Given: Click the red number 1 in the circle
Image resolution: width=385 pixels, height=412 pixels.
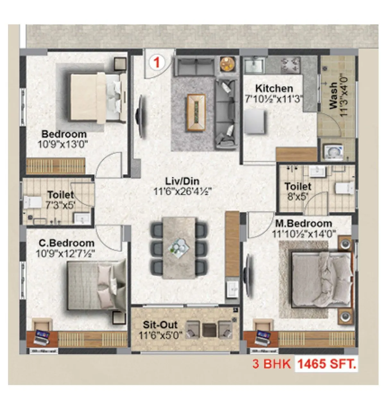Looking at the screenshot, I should [x=157, y=62].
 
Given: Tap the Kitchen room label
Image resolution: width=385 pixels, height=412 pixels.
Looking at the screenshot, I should [x=274, y=88].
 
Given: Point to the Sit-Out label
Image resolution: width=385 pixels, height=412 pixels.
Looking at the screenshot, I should [x=160, y=325].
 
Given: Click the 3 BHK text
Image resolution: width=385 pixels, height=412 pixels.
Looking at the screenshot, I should [x=272, y=365].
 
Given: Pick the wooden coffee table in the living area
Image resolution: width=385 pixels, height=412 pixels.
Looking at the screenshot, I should [x=196, y=112].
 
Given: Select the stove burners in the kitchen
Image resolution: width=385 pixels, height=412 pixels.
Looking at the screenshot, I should [x=291, y=66].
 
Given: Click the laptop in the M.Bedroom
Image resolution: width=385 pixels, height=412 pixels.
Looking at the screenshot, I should [x=263, y=337].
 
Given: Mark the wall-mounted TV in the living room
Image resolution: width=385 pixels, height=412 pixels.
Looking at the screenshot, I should [x=140, y=117].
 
